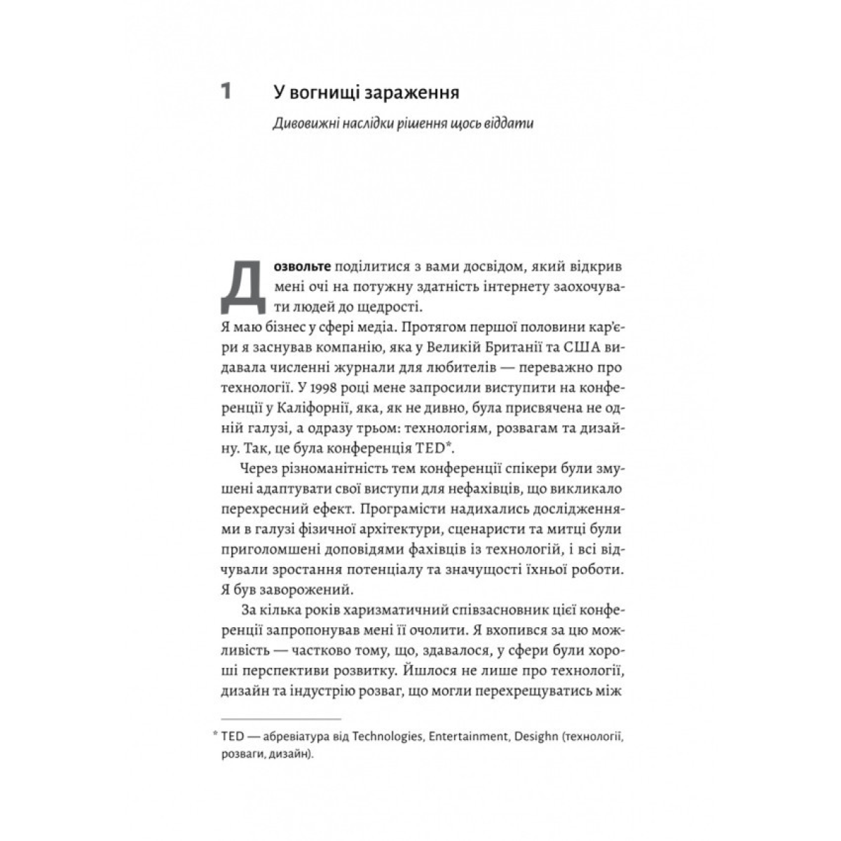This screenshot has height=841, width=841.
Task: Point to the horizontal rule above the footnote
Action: click(280, 719)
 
